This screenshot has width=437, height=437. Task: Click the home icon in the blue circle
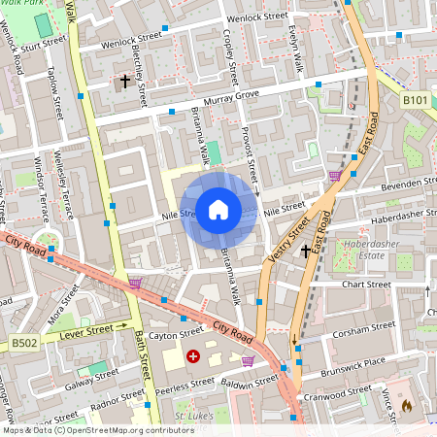[218, 209]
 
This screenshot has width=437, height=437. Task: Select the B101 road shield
[415, 100]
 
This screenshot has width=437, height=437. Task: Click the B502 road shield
[24, 343]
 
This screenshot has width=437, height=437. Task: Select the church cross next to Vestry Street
[306, 251]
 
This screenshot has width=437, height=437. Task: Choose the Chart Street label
[367, 285]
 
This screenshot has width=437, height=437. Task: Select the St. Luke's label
[192, 416]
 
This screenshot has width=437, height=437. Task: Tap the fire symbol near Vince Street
[406, 406]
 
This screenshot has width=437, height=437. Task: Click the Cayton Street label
[175, 334]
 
